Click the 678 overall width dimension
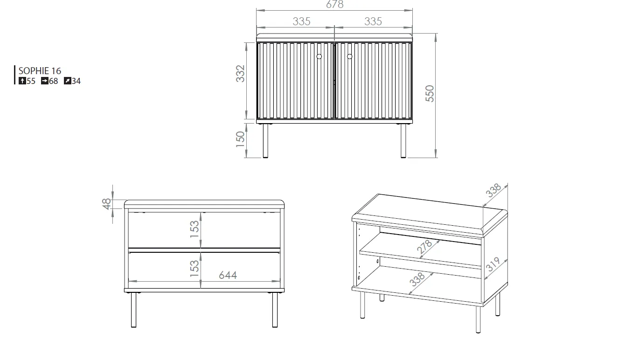click(x=335, y=4)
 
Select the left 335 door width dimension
click(x=302, y=21)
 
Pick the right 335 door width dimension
click(x=373, y=21)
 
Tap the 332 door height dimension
click(x=240, y=74)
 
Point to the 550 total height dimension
click(x=430, y=94)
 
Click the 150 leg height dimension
click(x=240, y=139)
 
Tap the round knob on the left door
click(x=319, y=56)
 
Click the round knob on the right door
click(x=349, y=56)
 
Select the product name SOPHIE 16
click(x=40, y=71)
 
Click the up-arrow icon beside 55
click(x=22, y=81)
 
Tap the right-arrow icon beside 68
click(x=45, y=81)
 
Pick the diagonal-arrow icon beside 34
click(x=68, y=81)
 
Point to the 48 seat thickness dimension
click(x=106, y=204)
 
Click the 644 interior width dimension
click(x=228, y=275)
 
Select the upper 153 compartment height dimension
click(x=194, y=229)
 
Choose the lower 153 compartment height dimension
click(x=194, y=269)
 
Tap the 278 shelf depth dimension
click(x=424, y=247)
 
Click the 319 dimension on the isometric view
click(x=493, y=264)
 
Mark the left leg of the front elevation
click(x=265, y=141)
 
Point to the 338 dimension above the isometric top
click(x=493, y=190)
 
